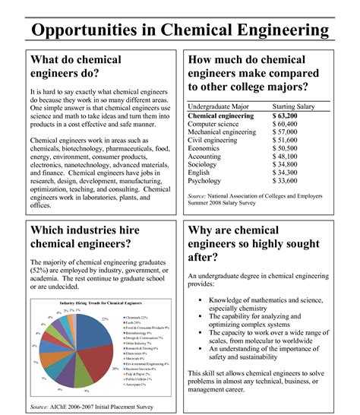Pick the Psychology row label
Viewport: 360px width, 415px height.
pos(205,182)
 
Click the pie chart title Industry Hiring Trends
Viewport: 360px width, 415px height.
pos(96,303)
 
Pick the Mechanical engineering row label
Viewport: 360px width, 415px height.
pos(222,132)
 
